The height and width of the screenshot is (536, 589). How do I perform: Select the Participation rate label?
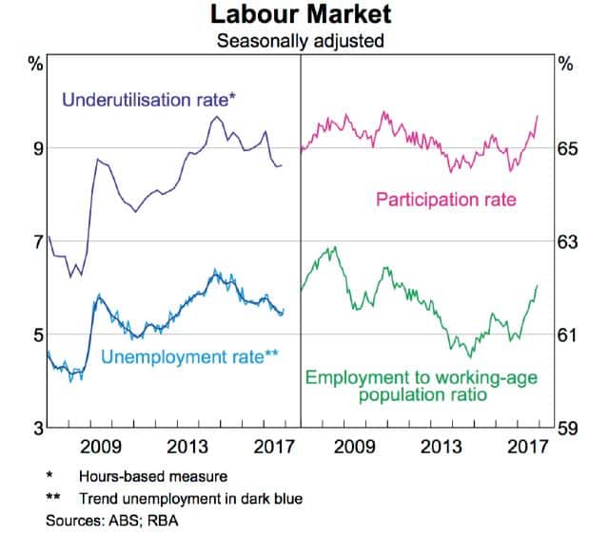[x=446, y=200]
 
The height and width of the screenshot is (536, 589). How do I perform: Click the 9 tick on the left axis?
[x=37, y=148]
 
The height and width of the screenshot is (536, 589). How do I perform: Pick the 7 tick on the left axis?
[x=37, y=241]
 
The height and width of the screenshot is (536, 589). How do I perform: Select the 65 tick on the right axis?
[x=566, y=148]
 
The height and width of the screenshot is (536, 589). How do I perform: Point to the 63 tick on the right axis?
[x=566, y=241]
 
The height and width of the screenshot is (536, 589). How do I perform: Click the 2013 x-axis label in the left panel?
[x=188, y=447]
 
